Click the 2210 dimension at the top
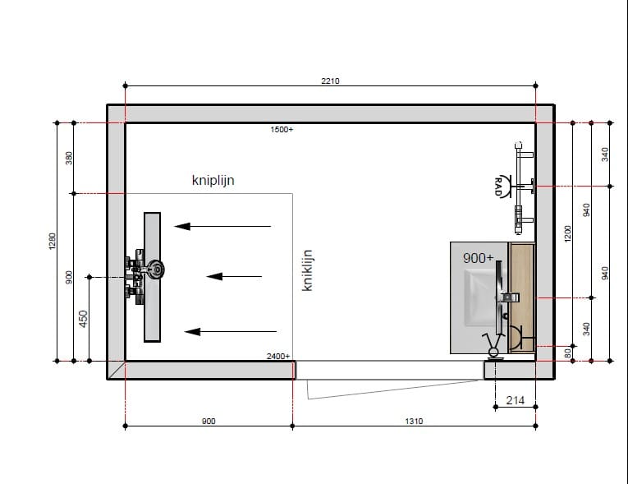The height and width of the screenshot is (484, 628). [x=330, y=81]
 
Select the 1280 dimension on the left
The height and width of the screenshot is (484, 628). [x=53, y=241]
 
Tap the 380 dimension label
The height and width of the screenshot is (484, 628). [x=69, y=158]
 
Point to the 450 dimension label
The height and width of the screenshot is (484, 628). [x=83, y=319]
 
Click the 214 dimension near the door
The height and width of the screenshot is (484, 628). [x=515, y=400]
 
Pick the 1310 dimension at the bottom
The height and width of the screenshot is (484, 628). [x=414, y=421]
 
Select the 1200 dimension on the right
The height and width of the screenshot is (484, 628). [x=567, y=233]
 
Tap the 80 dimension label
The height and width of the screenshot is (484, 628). [x=567, y=353]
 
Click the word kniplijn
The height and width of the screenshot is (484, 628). [x=213, y=180]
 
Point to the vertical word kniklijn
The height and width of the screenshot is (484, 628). [x=307, y=270]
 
